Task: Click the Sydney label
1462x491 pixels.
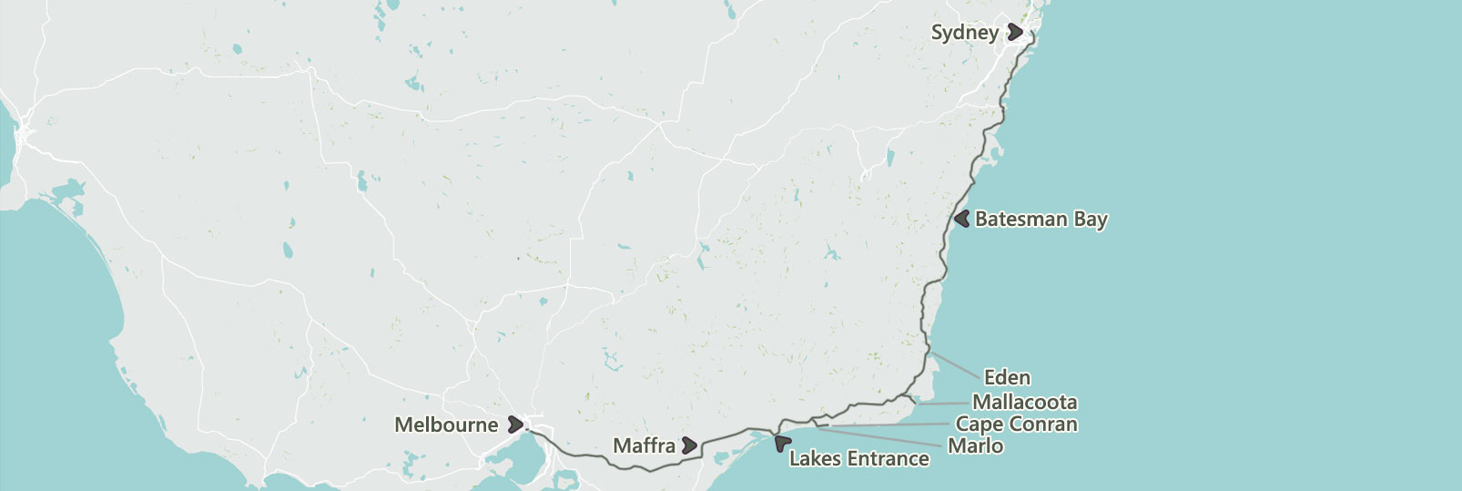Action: pyautogui.click(x=964, y=33)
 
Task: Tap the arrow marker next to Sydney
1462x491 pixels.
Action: pyautogui.click(x=1015, y=33)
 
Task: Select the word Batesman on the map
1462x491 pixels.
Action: pyautogui.click(x=1020, y=220)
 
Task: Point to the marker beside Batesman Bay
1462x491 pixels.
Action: pyautogui.click(x=961, y=219)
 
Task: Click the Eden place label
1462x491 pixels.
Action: pyautogui.click(x=1007, y=377)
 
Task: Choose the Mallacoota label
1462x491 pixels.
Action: pyautogui.click(x=1024, y=402)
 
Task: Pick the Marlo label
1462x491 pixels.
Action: pyautogui.click(x=975, y=445)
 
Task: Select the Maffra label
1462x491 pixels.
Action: pyautogui.click(x=644, y=445)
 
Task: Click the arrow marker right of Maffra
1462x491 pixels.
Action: pyautogui.click(x=689, y=445)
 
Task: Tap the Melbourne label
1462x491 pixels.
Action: pyautogui.click(x=446, y=425)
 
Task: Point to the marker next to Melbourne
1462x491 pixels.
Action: pyautogui.click(x=515, y=424)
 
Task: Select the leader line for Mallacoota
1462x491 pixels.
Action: pyautogui.click(x=942, y=402)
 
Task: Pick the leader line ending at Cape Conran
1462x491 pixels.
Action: pyautogui.click(x=888, y=425)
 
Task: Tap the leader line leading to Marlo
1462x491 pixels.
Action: pyautogui.click(x=883, y=436)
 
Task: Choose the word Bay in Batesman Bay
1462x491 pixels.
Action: pyautogui.click(x=1091, y=220)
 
